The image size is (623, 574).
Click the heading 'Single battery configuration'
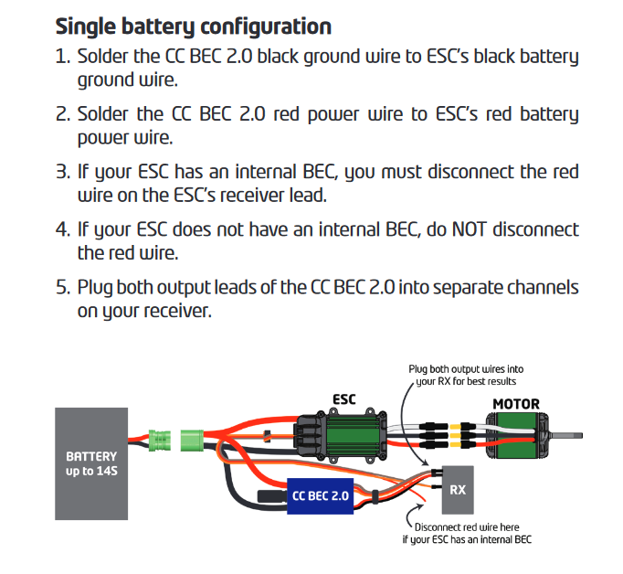(x=193, y=25)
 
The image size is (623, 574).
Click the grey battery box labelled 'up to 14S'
(x=91, y=463)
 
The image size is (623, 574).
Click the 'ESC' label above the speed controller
(x=343, y=399)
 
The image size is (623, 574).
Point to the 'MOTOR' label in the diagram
(x=516, y=403)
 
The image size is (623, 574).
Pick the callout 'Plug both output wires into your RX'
(x=466, y=376)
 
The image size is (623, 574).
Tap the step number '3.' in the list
(x=62, y=172)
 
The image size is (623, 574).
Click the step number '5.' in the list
(x=62, y=287)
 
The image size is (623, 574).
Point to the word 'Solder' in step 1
(x=103, y=57)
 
